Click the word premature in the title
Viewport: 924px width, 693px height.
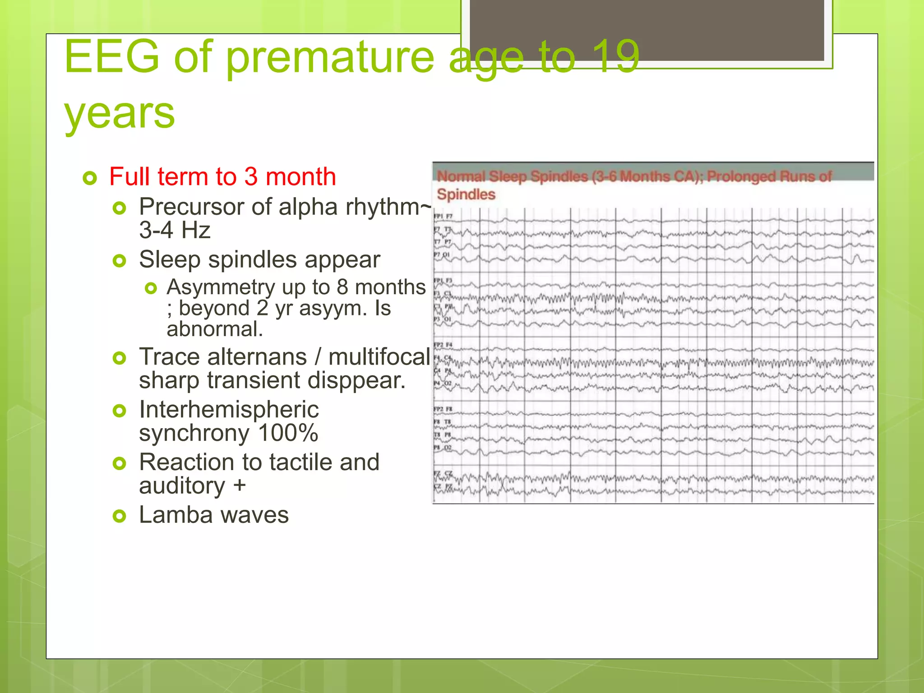pos(329,57)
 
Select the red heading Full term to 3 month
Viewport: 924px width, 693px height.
pos(222,176)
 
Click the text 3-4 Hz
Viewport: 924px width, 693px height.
pos(175,230)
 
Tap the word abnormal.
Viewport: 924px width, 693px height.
pos(215,329)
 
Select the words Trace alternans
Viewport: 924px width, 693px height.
pos(223,357)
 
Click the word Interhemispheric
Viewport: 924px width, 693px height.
pos(229,410)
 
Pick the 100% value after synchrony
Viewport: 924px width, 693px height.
pos(288,433)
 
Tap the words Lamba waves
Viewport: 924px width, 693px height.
pos(214,515)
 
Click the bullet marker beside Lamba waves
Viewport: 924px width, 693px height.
pos(119,516)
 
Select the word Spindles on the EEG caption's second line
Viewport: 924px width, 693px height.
pos(466,194)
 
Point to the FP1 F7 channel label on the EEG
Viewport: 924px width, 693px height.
pos(443,217)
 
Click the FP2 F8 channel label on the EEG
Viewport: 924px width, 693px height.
pos(443,409)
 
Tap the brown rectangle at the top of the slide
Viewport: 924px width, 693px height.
pos(647,30)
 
